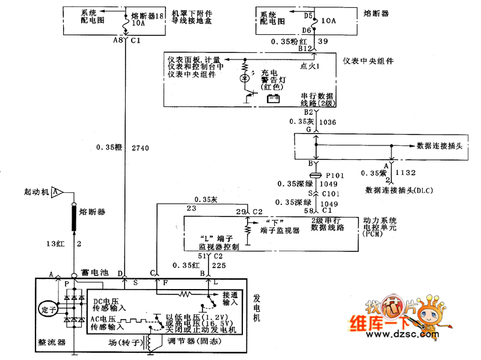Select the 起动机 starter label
point(36,192)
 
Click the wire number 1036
point(328,121)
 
